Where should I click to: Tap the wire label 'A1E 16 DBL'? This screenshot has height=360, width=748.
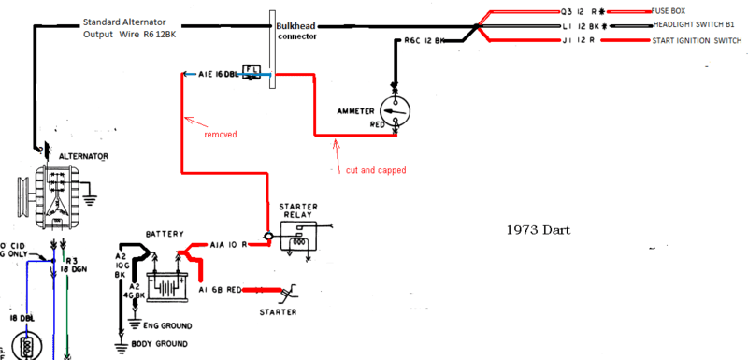click(217, 73)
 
